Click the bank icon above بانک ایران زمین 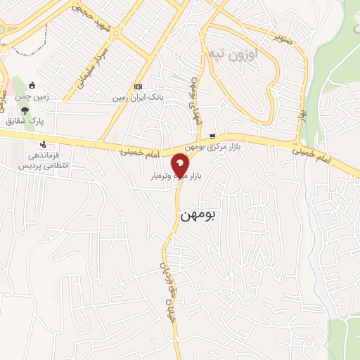pos(137,86)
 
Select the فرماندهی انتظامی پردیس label pos(43,160)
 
